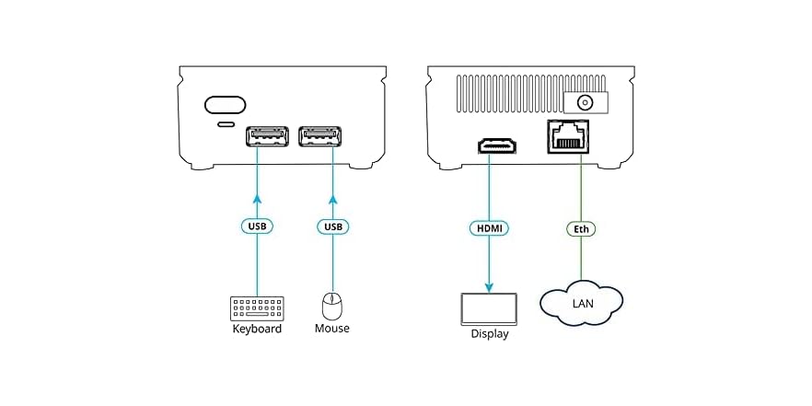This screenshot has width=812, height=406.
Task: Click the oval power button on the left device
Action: click(225, 104)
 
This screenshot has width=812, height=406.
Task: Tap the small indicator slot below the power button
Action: click(225, 123)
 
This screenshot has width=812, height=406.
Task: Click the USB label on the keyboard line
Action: click(257, 226)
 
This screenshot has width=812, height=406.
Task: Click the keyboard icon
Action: click(257, 307)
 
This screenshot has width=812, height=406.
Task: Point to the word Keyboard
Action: click(256, 329)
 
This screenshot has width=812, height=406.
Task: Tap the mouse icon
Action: click(331, 306)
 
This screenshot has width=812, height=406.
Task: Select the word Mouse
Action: click(331, 329)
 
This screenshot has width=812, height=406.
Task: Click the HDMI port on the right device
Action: click(497, 145)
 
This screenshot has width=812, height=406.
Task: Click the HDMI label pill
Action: click(489, 226)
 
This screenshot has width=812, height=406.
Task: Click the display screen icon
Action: click(489, 308)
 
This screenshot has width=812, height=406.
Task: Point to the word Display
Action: click(489, 334)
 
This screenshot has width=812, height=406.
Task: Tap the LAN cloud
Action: click(582, 303)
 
